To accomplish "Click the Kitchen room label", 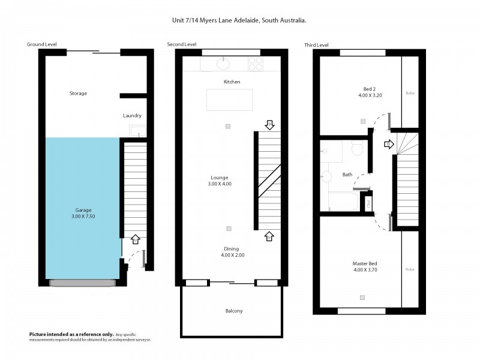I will tap(232, 82).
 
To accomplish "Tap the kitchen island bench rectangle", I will tap(229, 100).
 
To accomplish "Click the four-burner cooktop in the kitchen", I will tap(256, 63).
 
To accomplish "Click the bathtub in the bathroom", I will tap(340, 202).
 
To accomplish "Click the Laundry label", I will tap(132, 116).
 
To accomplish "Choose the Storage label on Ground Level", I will tap(78, 94).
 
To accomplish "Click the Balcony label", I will tap(234, 311).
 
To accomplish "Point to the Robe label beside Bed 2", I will tap(410, 93).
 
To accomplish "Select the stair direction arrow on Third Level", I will tap(388, 144).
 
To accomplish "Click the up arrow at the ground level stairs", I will tap(135, 239).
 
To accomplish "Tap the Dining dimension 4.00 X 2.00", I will tap(232, 255).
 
